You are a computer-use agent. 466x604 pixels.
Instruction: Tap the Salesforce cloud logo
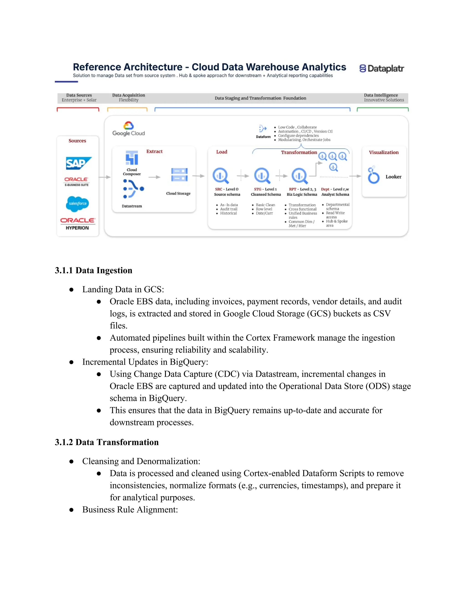tap(78, 204)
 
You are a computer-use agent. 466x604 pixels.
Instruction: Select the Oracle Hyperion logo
tap(78, 223)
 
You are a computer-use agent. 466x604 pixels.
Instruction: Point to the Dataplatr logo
tap(382, 68)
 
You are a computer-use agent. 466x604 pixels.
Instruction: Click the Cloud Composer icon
tap(132, 158)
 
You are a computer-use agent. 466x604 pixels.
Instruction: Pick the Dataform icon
tap(263, 129)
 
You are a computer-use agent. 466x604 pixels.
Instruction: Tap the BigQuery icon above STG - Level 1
tap(262, 176)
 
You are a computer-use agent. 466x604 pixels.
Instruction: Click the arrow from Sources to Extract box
tap(105, 177)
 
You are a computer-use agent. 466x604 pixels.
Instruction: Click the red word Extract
tap(154, 151)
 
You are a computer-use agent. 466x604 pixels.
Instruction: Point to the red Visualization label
tap(384, 152)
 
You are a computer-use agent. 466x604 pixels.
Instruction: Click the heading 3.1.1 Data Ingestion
tap(94, 271)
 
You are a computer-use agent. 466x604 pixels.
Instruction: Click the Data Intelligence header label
tap(381, 95)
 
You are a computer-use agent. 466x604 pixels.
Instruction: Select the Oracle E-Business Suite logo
tap(76, 181)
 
